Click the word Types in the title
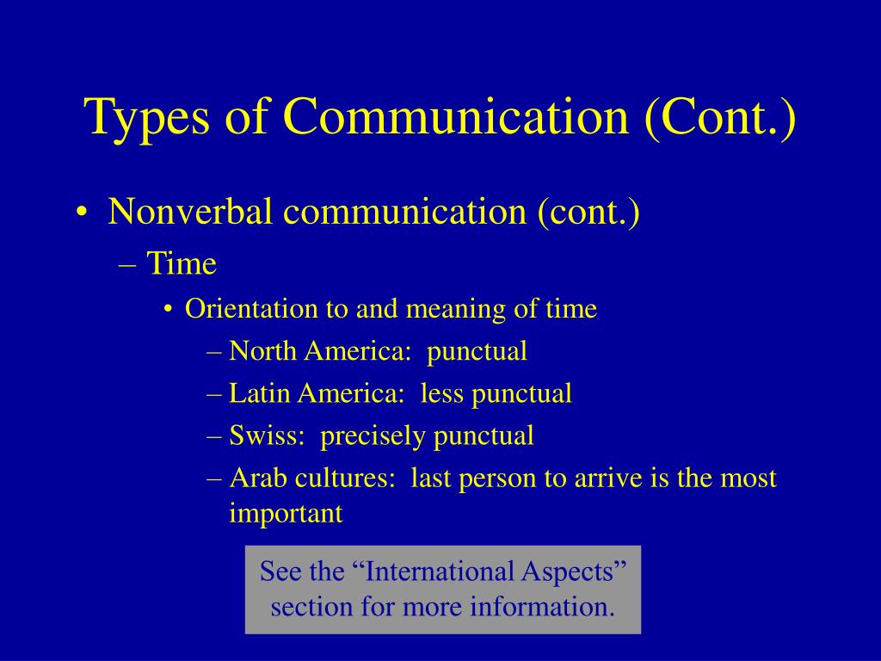[146, 118]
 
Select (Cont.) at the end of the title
[720, 118]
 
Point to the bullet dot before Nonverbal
[82, 213]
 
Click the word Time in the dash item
[182, 263]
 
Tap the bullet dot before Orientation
[168, 311]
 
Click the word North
[263, 351]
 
